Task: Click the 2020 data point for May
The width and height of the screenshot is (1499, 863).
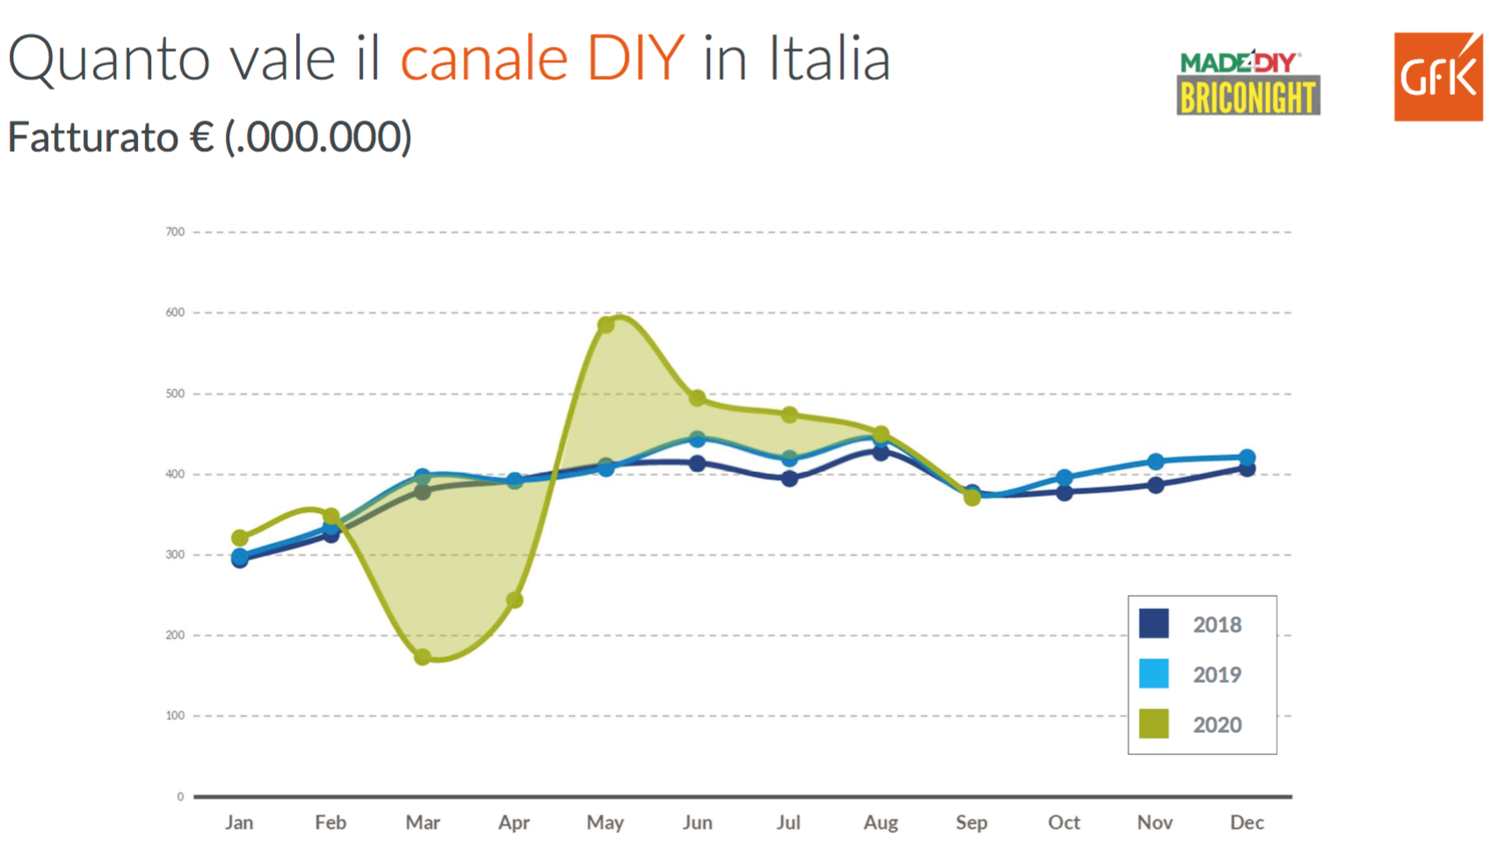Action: (605, 325)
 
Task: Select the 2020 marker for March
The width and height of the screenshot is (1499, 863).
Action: (423, 656)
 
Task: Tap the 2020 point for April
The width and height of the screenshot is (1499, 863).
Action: (515, 600)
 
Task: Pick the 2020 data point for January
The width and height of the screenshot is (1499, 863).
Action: (239, 538)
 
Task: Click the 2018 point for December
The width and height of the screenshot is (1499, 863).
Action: (1247, 468)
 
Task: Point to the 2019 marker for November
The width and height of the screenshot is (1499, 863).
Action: (1155, 462)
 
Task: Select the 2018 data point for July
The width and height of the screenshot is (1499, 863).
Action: (789, 479)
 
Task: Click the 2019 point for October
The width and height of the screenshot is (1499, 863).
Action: (1064, 478)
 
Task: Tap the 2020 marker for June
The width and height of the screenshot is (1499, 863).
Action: (698, 398)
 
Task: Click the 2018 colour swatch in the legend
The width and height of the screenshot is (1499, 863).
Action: (1154, 624)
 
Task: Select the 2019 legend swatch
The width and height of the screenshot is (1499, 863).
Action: (1154, 674)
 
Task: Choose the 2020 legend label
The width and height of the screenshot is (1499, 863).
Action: (1217, 725)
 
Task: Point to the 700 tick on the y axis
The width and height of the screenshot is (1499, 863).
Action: (175, 232)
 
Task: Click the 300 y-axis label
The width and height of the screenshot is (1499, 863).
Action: (175, 555)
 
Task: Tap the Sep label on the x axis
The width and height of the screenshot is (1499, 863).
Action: (972, 823)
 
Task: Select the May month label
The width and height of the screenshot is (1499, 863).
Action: (605, 823)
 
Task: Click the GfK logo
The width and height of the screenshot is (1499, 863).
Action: (1437, 77)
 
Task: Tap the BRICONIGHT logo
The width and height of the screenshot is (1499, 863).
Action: (1248, 97)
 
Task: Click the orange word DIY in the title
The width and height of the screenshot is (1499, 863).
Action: (635, 59)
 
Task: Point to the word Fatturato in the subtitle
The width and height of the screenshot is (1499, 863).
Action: (92, 137)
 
